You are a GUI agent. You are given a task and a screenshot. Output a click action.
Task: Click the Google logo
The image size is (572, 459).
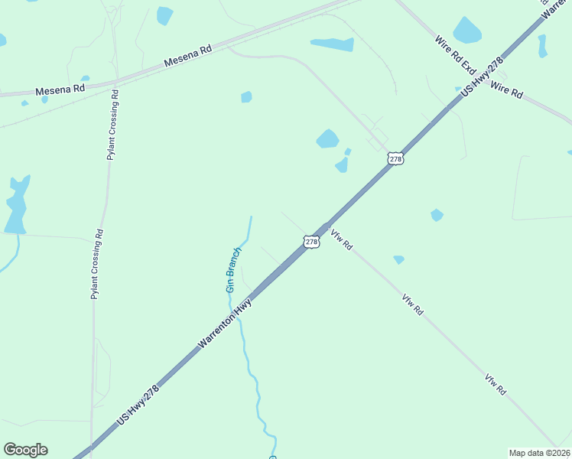pos(25,450)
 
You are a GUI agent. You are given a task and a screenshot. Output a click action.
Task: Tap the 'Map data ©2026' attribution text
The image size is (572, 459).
pos(539,453)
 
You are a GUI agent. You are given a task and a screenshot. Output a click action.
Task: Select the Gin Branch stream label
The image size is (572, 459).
pos(234,269)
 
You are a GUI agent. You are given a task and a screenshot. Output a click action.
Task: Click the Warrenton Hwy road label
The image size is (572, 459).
pos(226,324)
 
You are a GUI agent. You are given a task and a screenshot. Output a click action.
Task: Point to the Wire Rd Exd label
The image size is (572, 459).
pos(456,54)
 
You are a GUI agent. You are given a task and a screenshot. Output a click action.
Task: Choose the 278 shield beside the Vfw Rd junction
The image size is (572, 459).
pos(311,242)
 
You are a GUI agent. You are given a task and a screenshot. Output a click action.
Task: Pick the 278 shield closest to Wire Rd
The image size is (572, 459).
pos(395,158)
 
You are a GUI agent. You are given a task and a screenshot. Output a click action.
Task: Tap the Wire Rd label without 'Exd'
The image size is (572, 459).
pos(506,90)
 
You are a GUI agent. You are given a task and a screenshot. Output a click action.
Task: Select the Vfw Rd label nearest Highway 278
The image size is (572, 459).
pos(342,239)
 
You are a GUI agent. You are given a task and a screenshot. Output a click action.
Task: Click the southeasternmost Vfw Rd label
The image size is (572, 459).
pos(495,383)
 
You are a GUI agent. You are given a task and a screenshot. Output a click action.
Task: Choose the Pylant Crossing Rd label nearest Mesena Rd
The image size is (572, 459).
pos(112,124)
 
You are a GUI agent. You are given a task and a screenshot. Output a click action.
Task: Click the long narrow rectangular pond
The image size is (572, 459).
pos(332,44)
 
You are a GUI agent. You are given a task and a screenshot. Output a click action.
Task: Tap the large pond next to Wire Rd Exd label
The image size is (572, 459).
pos(467,31)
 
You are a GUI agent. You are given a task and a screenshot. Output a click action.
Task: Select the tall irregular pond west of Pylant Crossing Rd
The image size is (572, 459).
pos(16,204)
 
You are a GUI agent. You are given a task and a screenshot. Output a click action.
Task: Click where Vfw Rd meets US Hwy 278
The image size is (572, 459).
pos(326,227)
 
